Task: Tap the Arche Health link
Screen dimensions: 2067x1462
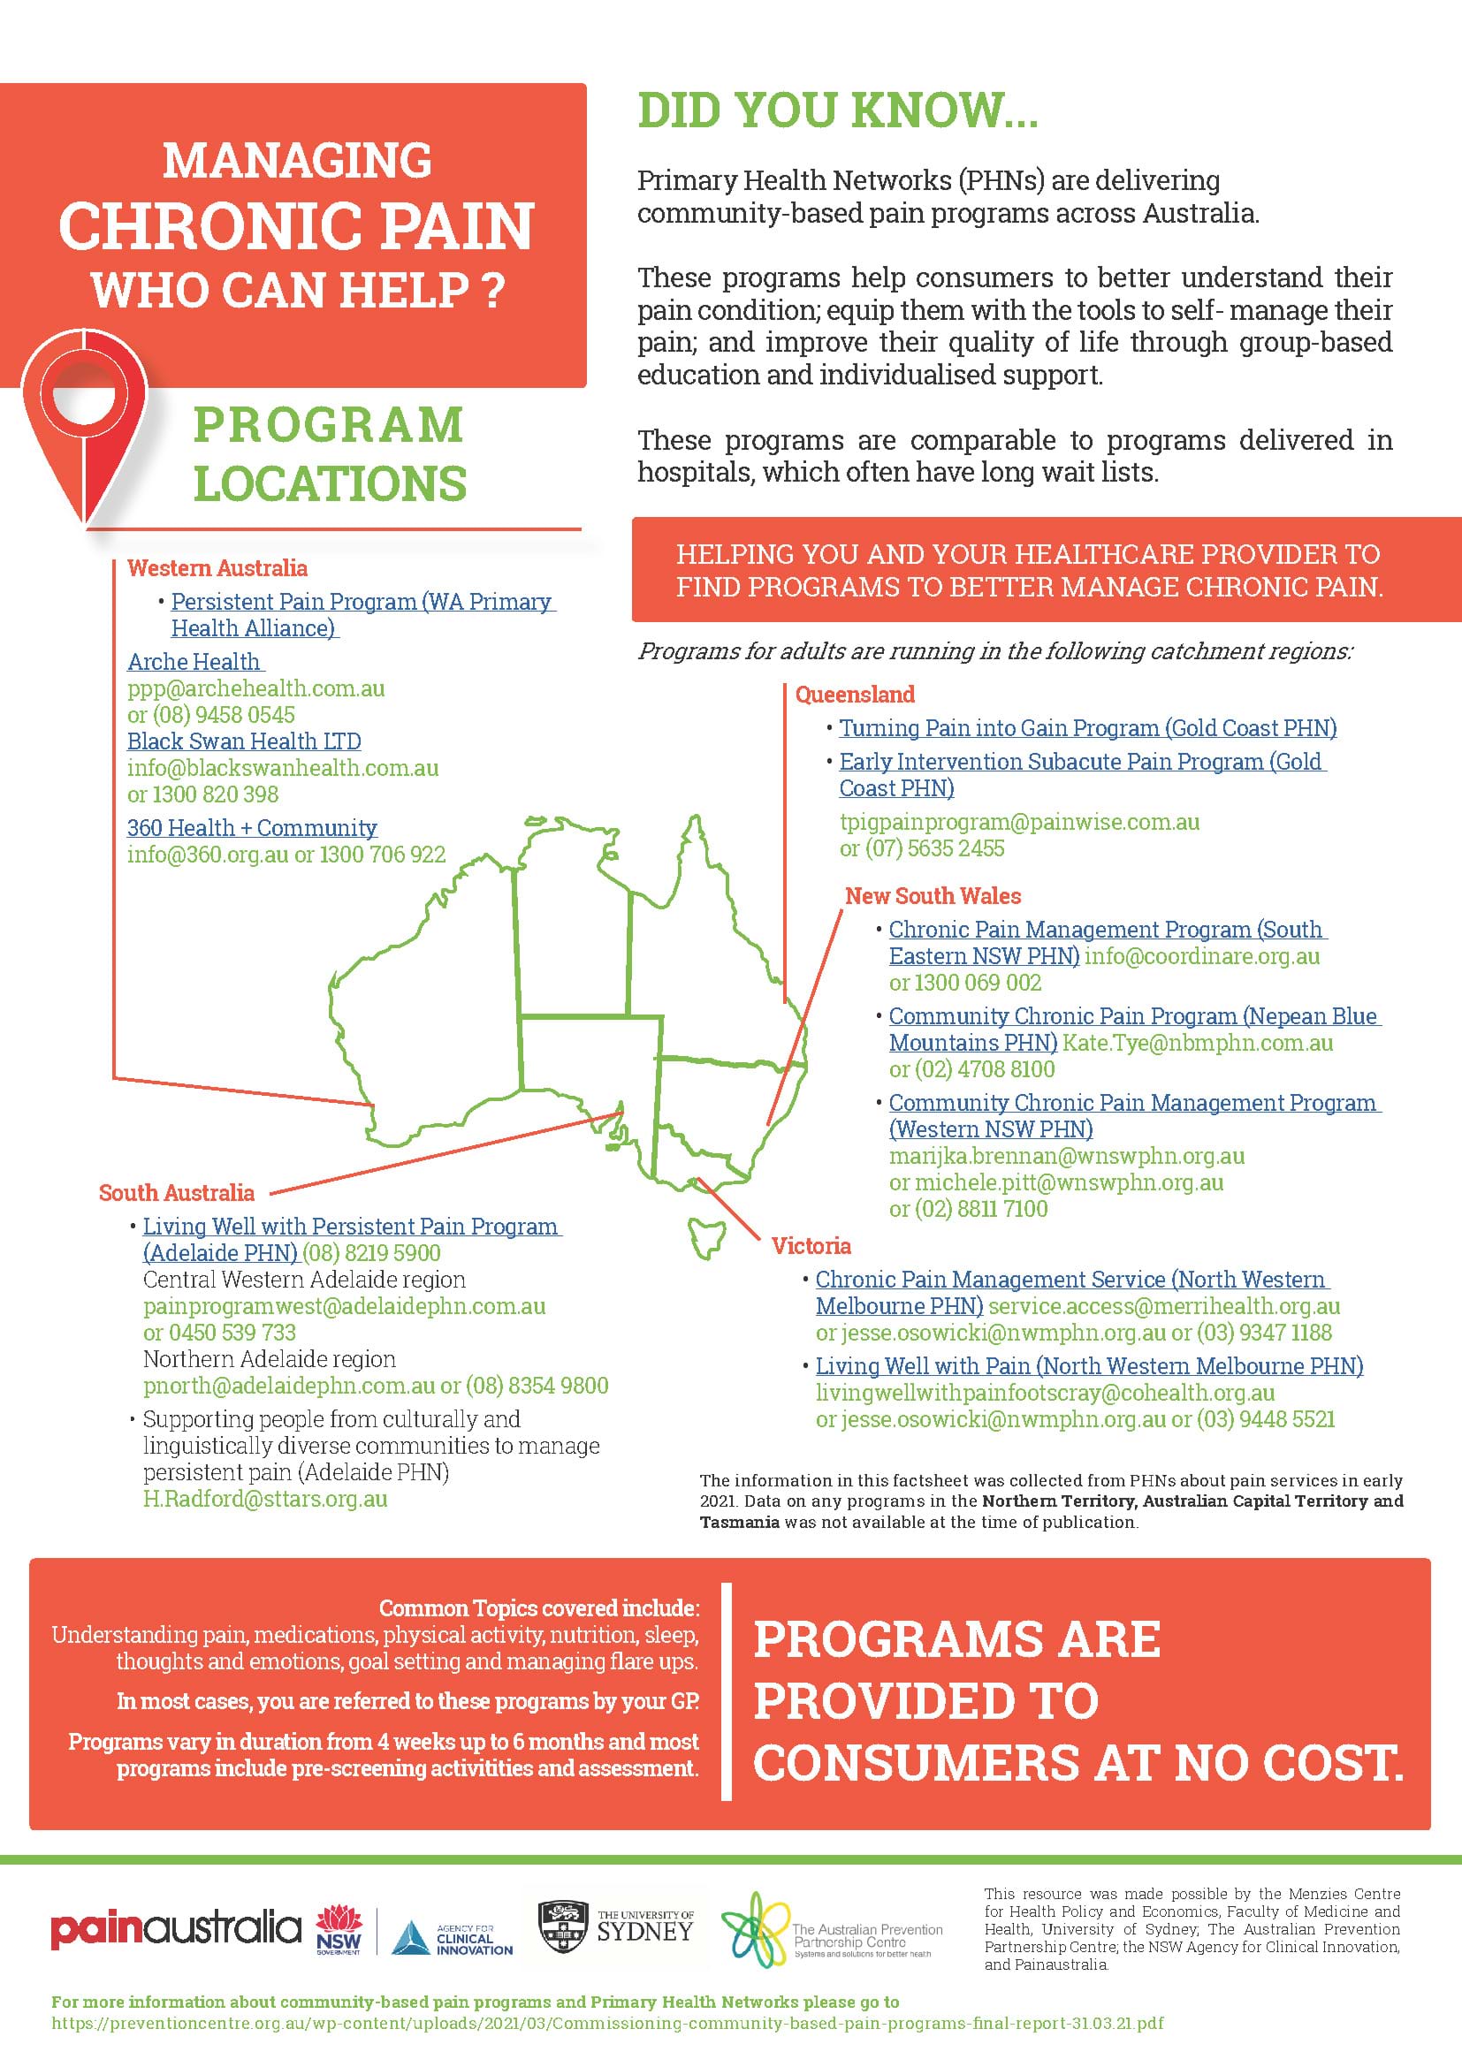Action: click(x=194, y=662)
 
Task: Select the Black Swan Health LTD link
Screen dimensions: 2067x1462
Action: click(x=244, y=741)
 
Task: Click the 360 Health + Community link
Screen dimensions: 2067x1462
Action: click(x=252, y=827)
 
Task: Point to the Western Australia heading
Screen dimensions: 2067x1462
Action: click(x=217, y=568)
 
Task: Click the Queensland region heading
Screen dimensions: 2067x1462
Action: click(x=855, y=694)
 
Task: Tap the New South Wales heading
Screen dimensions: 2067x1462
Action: click(x=933, y=896)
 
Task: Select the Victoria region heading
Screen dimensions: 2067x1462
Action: click(x=811, y=1246)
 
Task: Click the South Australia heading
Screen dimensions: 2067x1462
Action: click(x=177, y=1193)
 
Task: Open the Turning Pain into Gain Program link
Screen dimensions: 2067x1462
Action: click(x=1087, y=727)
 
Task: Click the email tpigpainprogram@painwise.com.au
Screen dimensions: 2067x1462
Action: click(x=1019, y=822)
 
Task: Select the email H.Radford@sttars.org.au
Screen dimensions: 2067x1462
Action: click(x=264, y=1499)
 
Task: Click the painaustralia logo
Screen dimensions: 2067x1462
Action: click(x=176, y=1928)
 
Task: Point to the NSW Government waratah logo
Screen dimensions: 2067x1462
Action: click(x=339, y=1928)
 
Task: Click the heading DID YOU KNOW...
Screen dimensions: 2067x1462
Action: click(x=837, y=110)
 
